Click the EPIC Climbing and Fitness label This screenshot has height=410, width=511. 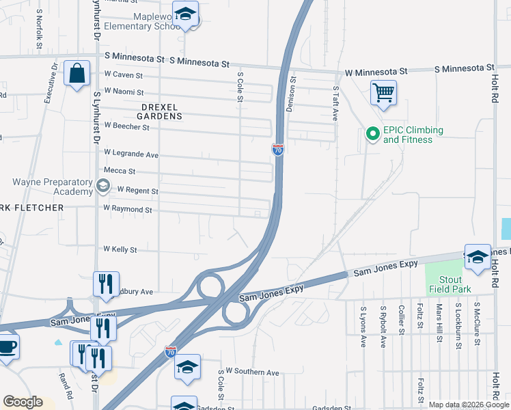click(413, 135)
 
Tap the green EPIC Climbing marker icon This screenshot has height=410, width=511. click(372, 135)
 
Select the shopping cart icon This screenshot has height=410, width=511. click(383, 92)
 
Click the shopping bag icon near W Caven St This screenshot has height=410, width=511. click(77, 72)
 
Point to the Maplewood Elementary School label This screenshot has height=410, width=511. click(141, 21)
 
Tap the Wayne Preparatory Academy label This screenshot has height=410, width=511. click(53, 187)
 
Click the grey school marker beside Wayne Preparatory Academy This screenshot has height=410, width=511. click(102, 184)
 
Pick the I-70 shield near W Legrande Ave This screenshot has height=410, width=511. click(277, 150)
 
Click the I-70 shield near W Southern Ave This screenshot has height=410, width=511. click(171, 352)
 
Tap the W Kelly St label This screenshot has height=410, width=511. click(120, 249)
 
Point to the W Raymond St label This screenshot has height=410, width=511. click(127, 208)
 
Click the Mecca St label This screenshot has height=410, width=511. click(120, 171)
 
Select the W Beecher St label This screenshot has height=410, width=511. click(126, 126)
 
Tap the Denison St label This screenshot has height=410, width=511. click(292, 94)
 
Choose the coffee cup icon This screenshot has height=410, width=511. click(6, 346)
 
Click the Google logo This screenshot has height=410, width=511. click(23, 402)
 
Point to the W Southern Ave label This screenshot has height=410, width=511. click(253, 372)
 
